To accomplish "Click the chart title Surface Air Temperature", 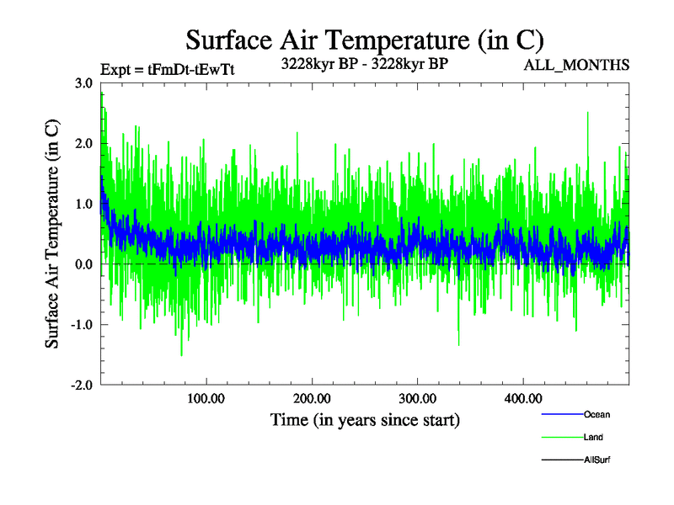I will tap(364, 40).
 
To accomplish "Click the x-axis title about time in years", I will tap(365, 418).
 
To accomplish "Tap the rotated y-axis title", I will tap(52, 233).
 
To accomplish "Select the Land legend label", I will tap(593, 437).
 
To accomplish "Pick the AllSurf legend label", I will tap(596, 460).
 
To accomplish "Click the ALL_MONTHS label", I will tap(576, 65).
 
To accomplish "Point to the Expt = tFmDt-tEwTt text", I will tap(167, 70).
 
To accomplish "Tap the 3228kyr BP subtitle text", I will tap(364, 62).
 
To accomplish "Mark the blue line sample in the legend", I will tap(560, 414).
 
